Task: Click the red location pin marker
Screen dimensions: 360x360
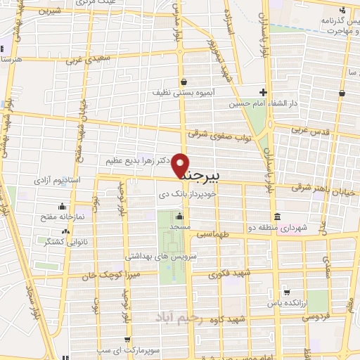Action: click(181, 165)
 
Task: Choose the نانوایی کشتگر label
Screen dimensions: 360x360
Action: click(65, 241)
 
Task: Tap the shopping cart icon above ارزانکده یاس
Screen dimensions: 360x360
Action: click(286, 291)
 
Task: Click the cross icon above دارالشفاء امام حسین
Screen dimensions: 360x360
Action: click(262, 92)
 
